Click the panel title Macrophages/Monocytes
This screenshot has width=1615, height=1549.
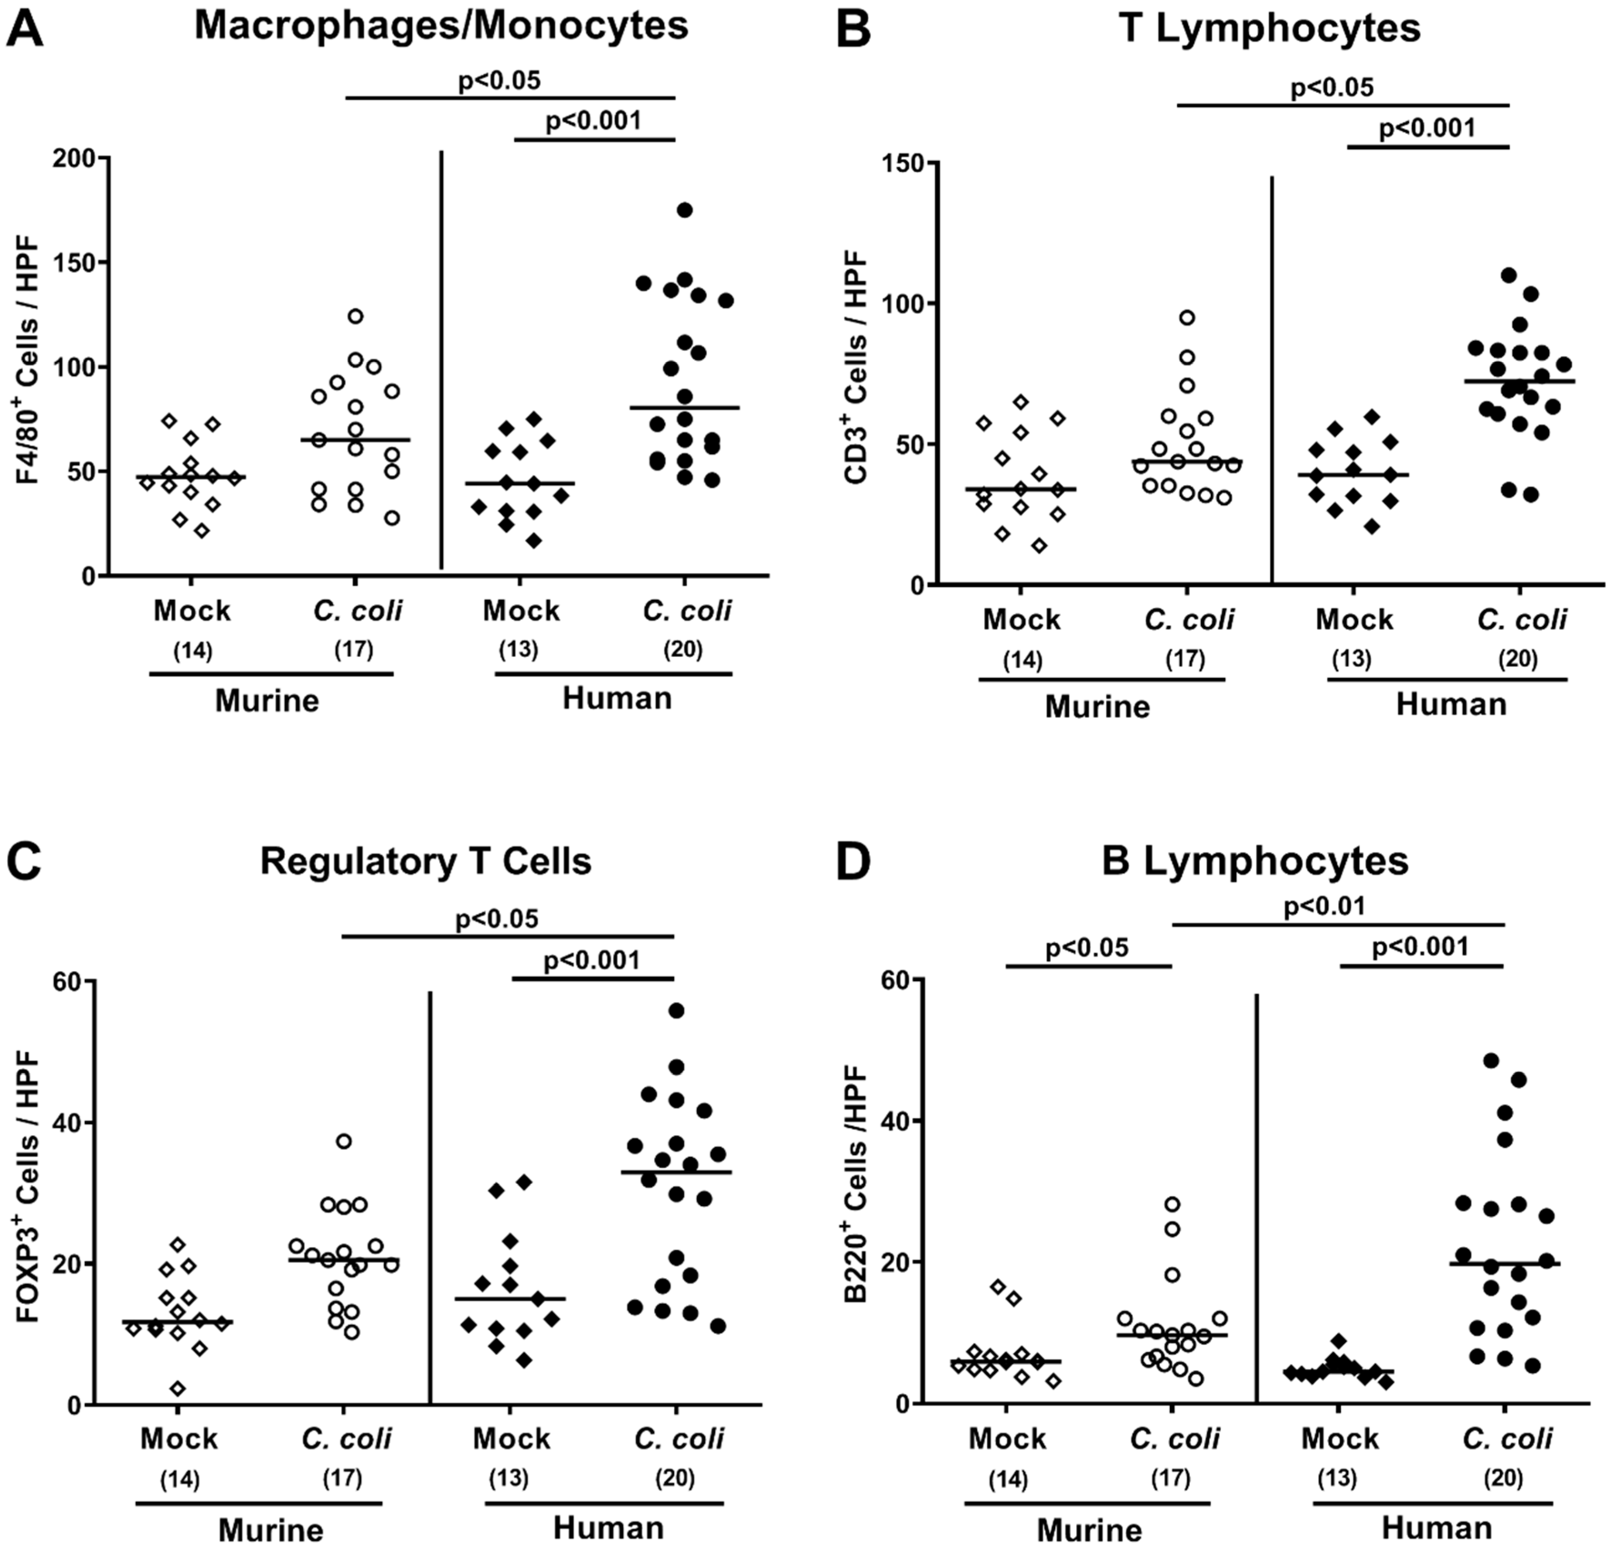pos(441,26)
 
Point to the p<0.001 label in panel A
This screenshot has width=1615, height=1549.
pos(593,121)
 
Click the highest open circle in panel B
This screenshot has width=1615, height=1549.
pos(1187,317)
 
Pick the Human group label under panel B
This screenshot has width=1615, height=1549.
pos(1451,704)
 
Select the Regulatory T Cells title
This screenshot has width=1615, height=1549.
pos(426,861)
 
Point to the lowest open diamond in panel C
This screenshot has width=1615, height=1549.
pos(178,1389)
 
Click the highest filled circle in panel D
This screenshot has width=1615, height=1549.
pos(1490,1060)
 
